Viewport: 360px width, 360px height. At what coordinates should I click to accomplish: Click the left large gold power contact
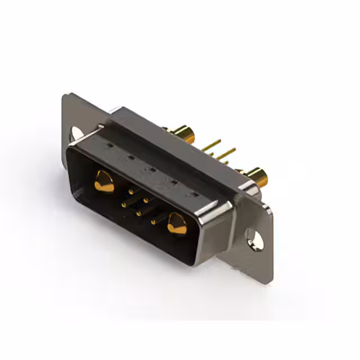point(103,181)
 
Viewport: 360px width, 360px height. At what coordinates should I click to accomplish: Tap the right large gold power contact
point(177,224)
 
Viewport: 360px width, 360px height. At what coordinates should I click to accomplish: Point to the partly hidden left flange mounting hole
point(75,133)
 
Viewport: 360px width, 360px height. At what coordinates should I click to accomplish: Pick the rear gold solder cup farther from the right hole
point(185,135)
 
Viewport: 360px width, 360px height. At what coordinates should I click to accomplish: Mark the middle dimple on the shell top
point(151,169)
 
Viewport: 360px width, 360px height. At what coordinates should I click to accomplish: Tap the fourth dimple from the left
point(172,182)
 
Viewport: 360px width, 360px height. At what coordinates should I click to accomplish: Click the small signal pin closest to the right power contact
point(154,222)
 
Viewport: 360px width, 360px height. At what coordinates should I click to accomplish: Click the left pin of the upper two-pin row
point(131,192)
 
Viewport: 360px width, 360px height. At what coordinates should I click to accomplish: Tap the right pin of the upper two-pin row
point(146,200)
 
